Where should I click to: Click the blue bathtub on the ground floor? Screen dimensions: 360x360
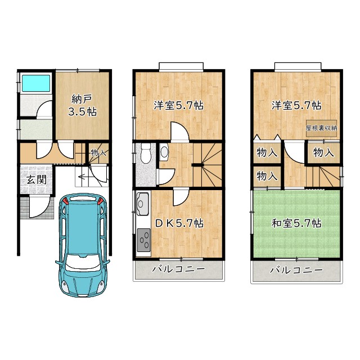[37, 84]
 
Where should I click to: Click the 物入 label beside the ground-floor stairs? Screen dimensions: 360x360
[98, 152]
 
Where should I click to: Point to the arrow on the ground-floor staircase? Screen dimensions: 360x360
[84, 178]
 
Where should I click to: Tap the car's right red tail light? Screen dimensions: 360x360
[100, 201]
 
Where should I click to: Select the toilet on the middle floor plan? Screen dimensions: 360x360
[146, 152]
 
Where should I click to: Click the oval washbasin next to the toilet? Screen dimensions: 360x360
[164, 152]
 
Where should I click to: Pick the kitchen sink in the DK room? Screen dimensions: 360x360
[142, 201]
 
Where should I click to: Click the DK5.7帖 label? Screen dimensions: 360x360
[179, 223]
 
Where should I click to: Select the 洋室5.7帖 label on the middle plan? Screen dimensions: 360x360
[179, 105]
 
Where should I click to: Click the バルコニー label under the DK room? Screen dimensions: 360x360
[178, 269]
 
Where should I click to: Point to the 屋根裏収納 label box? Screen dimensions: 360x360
[322, 128]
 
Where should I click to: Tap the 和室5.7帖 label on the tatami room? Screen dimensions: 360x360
[297, 223]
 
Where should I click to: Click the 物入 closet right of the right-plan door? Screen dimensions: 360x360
[324, 152]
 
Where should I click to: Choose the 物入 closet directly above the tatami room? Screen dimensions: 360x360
[267, 176]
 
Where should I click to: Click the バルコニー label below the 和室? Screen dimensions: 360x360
[296, 269]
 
